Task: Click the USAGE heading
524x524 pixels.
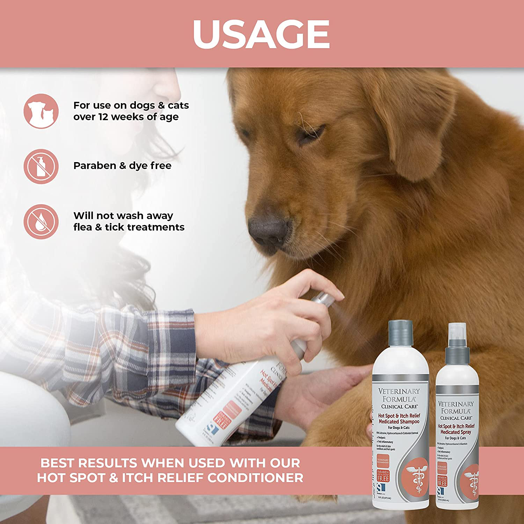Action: [261, 34]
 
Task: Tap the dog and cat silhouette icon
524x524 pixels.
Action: [41, 111]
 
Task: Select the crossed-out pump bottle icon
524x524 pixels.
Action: [41, 167]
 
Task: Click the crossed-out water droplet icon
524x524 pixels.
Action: [41, 222]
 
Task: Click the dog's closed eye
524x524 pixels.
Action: [309, 134]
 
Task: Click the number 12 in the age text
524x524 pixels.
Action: [103, 117]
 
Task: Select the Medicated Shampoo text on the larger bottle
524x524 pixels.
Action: [399, 422]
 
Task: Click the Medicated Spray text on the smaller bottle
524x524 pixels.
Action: [456, 432]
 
